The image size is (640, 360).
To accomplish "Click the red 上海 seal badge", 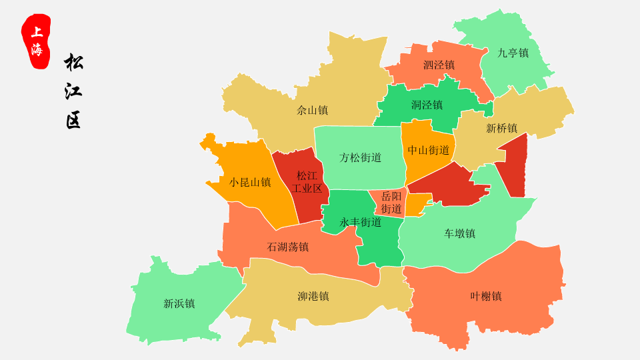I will point(36,41).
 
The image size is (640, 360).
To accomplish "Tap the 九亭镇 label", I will point(513,53).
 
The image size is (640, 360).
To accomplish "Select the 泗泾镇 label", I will point(439,65).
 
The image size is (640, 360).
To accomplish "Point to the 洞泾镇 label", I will point(427,105).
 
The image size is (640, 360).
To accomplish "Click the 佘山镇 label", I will point(312,110).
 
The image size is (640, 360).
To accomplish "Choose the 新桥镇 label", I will point(501,128).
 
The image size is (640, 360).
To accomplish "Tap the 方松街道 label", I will point(360,157).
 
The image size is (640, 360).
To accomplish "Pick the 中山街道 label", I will point(429,150).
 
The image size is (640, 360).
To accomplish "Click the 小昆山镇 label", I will point(250,181).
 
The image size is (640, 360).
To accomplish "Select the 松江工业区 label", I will point(307,182).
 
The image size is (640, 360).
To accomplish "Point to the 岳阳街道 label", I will point(391,203).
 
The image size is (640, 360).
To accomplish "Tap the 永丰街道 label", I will point(360,222).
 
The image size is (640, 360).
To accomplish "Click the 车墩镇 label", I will point(459,233).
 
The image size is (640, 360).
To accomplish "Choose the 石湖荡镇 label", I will point(288,247).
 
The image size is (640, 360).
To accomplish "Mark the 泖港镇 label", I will point(313,296).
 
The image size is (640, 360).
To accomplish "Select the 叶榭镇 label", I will point(485,296).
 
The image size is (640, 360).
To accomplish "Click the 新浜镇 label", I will point(179,303).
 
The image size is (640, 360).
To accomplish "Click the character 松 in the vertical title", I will point(73,63).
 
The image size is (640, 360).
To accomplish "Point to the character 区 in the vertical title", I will point(73,121).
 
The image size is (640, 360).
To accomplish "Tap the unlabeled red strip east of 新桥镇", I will point(515,167).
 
